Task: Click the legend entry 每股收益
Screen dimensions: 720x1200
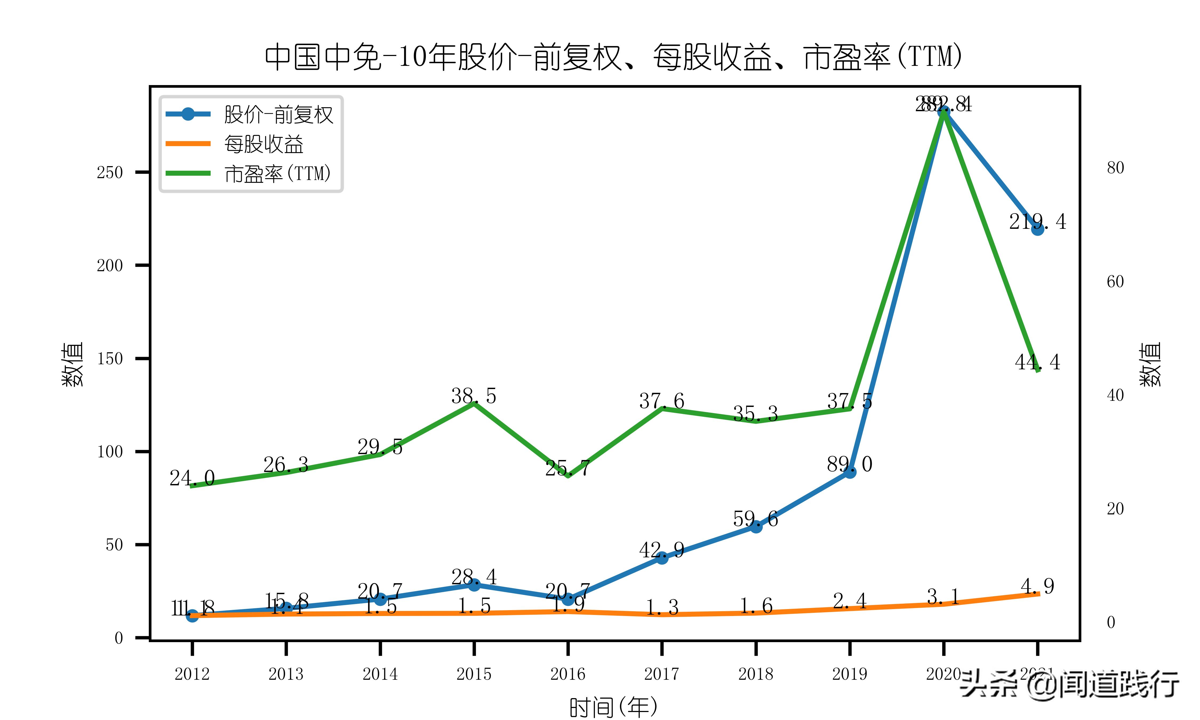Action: (x=263, y=144)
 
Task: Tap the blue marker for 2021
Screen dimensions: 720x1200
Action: (x=1037, y=229)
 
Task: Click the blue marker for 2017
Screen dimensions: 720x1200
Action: (x=662, y=558)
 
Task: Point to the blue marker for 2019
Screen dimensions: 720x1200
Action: (x=849, y=471)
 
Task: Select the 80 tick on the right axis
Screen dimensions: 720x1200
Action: (x=1115, y=168)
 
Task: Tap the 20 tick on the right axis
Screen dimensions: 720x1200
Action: (x=1115, y=509)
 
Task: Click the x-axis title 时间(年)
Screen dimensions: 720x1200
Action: (x=614, y=707)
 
